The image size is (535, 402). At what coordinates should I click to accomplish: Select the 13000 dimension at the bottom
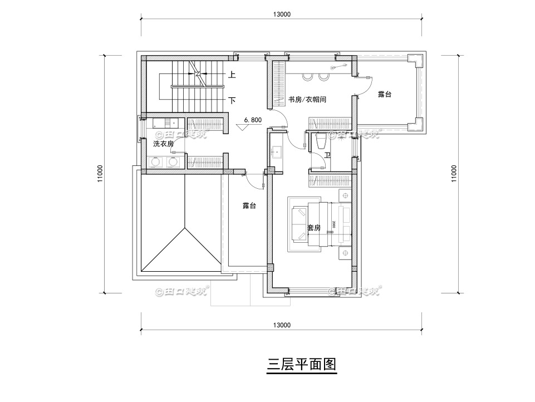click(282, 325)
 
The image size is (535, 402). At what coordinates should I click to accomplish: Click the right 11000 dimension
click(454, 173)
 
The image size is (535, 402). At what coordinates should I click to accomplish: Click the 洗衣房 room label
click(164, 144)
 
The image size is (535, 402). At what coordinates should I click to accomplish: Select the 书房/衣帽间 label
click(307, 100)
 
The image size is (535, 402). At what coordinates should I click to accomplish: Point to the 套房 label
click(314, 228)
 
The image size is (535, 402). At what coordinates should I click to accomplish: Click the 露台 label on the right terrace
click(384, 95)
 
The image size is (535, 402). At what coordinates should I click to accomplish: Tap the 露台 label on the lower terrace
click(249, 206)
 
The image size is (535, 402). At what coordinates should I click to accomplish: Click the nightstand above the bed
click(345, 197)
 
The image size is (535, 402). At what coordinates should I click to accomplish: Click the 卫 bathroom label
click(328, 155)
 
